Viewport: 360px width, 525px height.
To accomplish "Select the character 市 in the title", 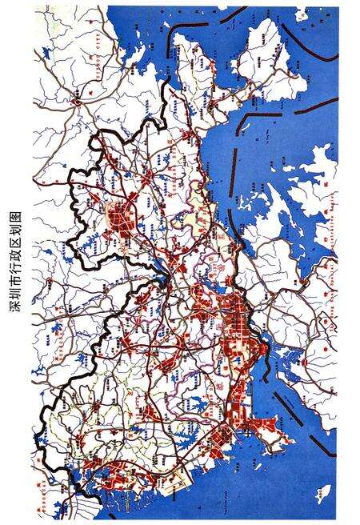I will pos(14,283).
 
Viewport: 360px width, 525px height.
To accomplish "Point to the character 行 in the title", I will pos(14,270).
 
